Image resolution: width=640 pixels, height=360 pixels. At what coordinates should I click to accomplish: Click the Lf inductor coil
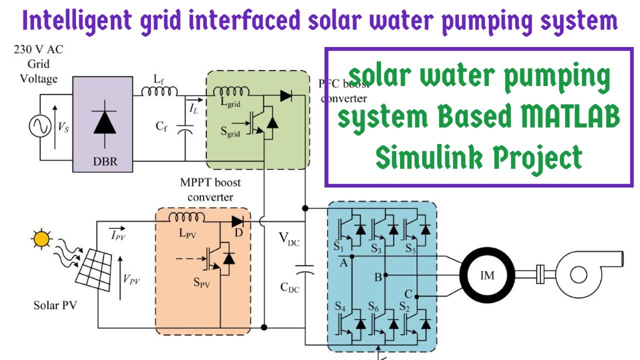pyautogui.click(x=159, y=91)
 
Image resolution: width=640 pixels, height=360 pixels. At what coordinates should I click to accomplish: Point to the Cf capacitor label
pyautogui.click(x=161, y=126)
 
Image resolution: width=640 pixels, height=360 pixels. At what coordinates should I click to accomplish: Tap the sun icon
pyautogui.click(x=41, y=238)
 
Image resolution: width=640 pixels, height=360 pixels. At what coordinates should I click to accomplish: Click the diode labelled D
pyautogui.click(x=238, y=220)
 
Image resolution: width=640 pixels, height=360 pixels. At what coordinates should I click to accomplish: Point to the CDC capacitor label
pyautogui.click(x=289, y=287)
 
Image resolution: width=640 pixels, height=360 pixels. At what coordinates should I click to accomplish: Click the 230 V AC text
pyautogui.click(x=38, y=49)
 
